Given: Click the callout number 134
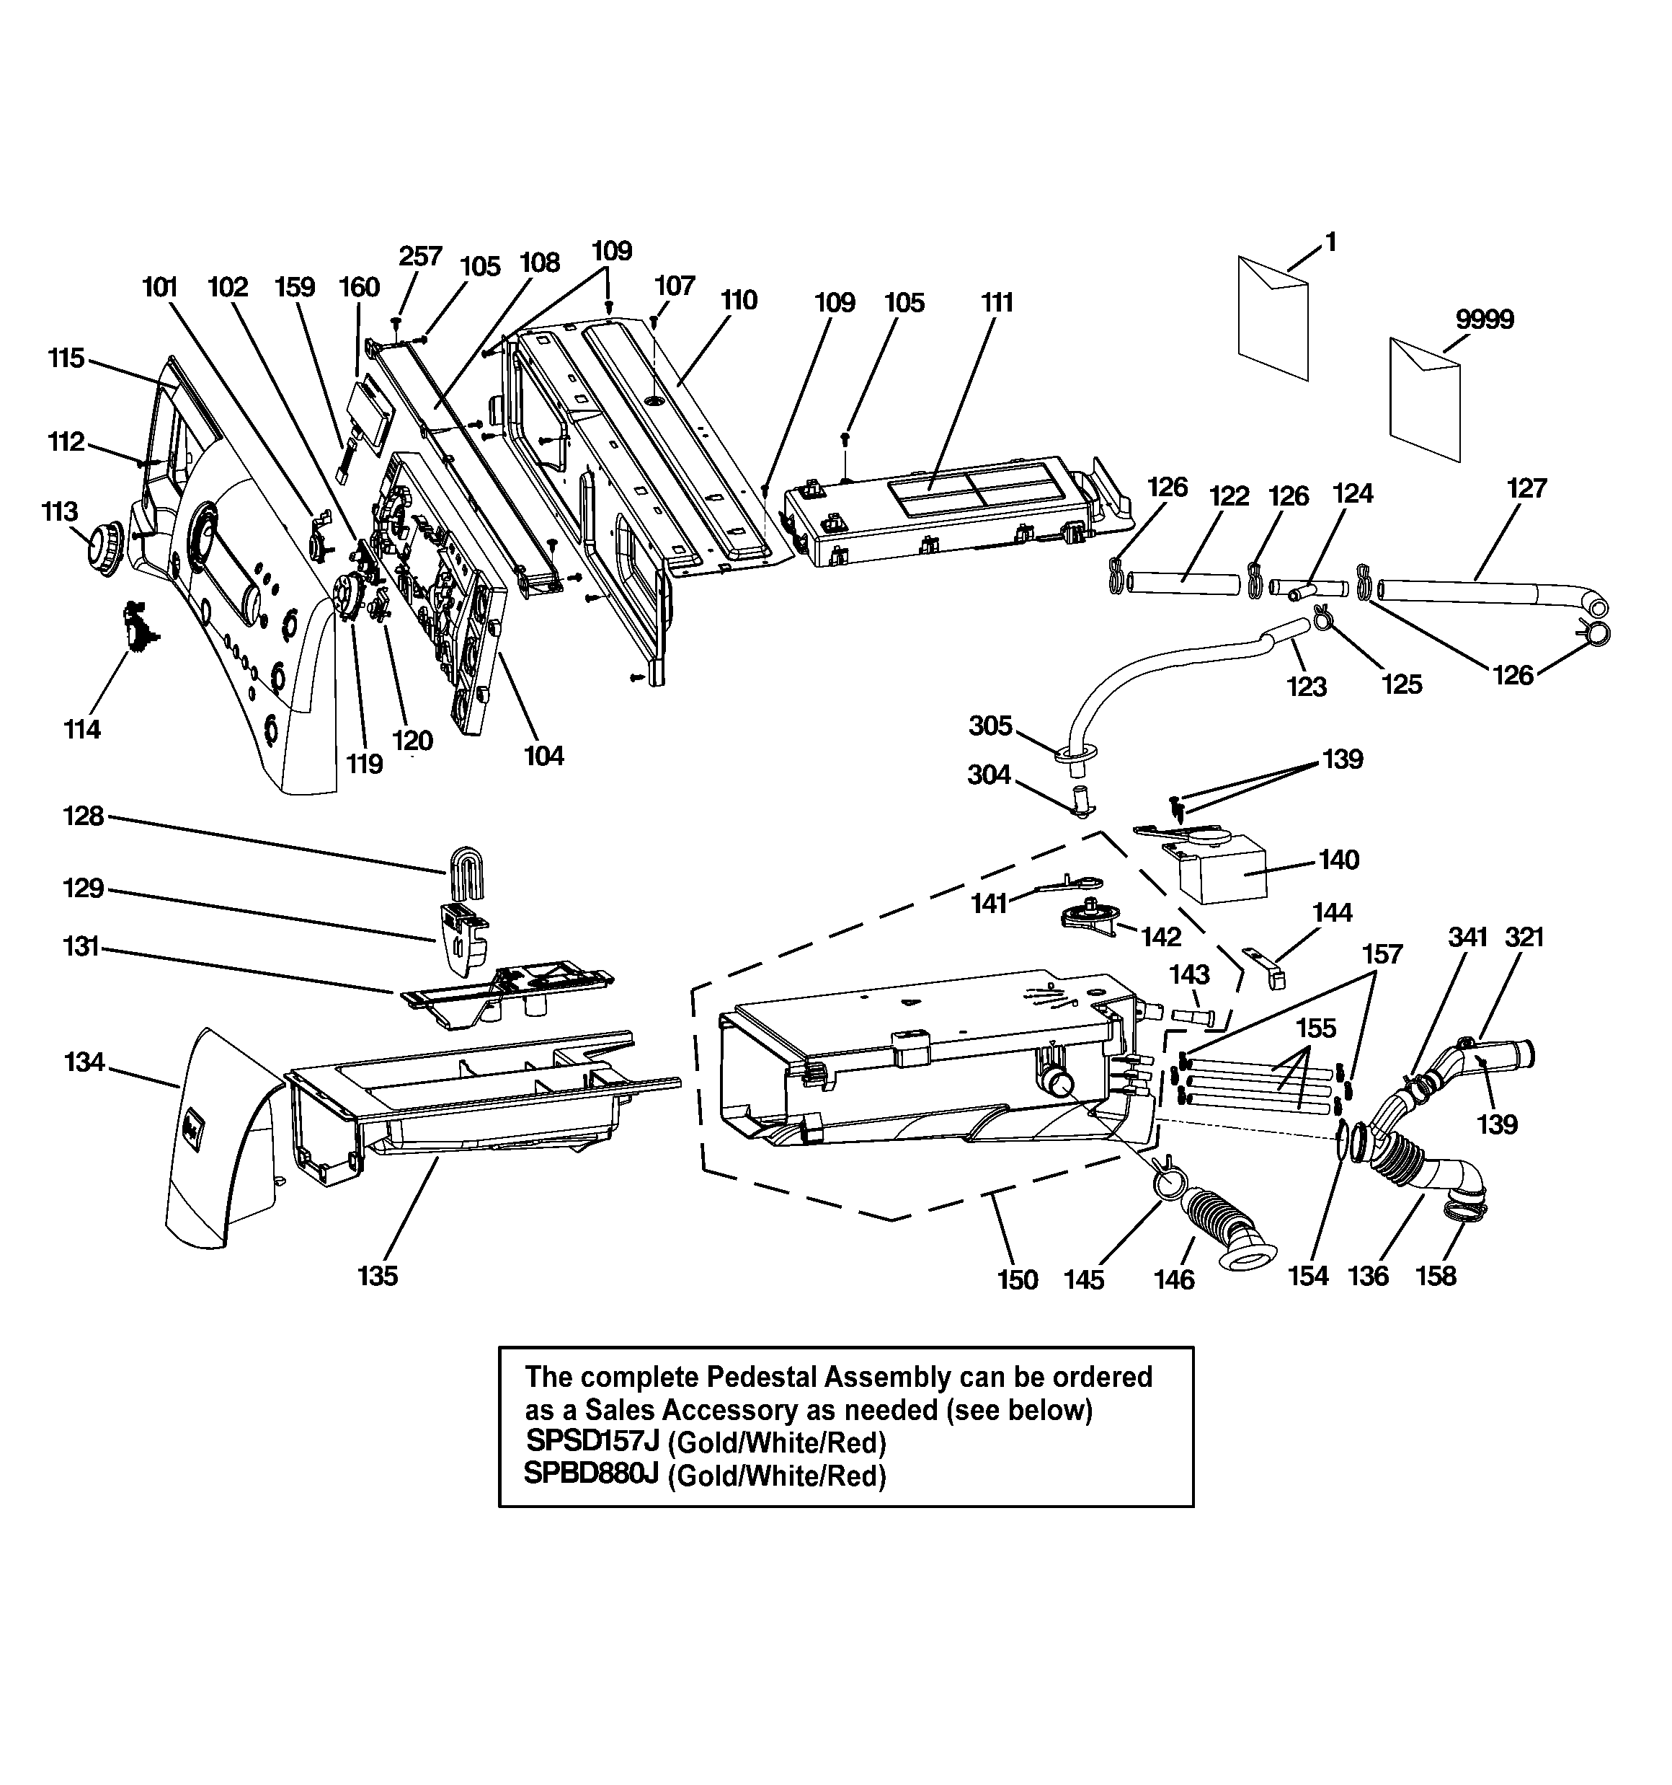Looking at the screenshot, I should click(84, 1062).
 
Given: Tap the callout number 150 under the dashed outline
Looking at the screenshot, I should click(1017, 1279).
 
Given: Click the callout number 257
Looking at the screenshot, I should click(420, 256).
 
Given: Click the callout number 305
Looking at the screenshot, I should click(990, 726).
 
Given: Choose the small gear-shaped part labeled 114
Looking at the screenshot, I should click(139, 627).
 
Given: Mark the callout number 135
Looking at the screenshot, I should click(377, 1276).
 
